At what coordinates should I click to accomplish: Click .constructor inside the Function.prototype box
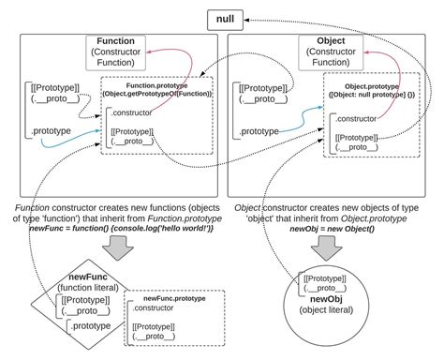coord(132,113)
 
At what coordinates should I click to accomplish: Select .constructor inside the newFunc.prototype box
coord(154,308)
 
